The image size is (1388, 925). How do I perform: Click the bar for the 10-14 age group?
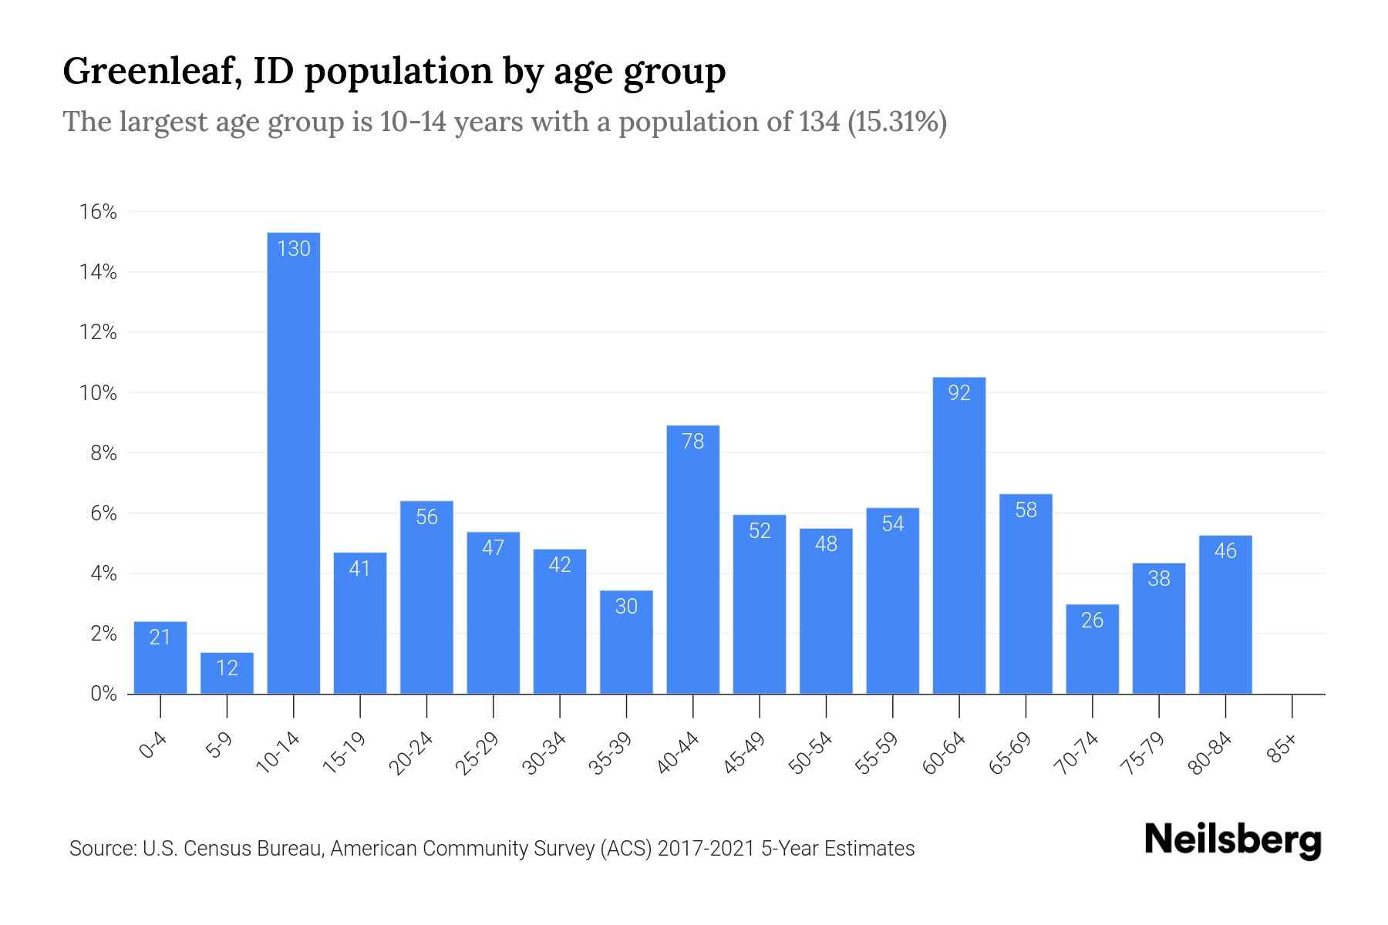(x=293, y=462)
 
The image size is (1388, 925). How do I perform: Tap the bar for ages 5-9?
(x=227, y=673)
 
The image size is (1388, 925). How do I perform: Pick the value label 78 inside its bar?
(x=692, y=441)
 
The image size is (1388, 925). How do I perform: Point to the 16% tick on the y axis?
(x=98, y=212)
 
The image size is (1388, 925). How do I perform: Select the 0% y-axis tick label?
(x=103, y=694)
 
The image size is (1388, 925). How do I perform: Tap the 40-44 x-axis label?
(x=679, y=753)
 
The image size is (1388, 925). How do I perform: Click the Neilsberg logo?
(x=1232, y=840)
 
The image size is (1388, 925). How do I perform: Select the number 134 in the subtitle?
(x=819, y=122)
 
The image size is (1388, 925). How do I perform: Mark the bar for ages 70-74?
(x=1092, y=649)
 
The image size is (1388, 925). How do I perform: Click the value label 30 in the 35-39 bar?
(x=626, y=607)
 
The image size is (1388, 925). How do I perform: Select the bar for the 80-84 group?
(x=1225, y=614)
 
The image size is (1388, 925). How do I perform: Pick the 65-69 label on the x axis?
(x=1010, y=753)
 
